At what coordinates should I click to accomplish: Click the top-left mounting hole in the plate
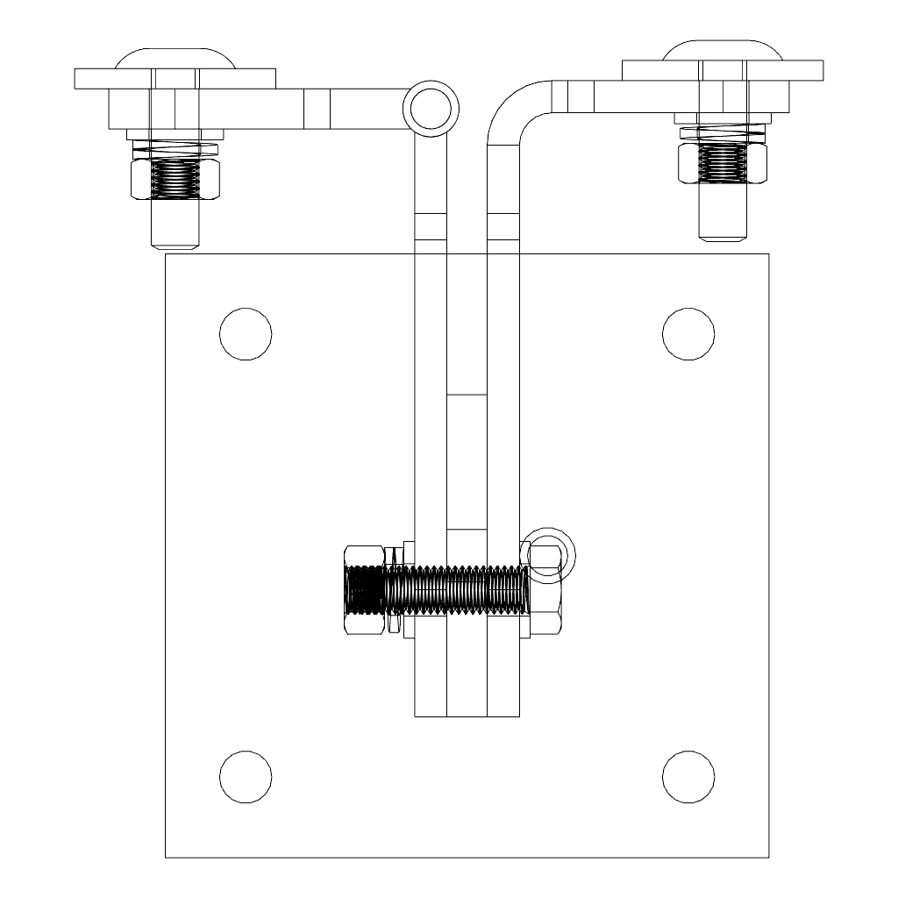click(x=246, y=334)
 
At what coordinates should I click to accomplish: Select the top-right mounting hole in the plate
click(x=688, y=334)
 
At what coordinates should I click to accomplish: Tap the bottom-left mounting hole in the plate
click(x=246, y=777)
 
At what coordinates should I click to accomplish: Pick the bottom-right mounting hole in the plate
click(x=688, y=777)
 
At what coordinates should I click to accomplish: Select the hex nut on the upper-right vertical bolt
click(x=723, y=163)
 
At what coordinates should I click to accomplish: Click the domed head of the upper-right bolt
click(x=723, y=49)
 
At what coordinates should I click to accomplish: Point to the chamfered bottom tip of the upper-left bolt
click(x=175, y=241)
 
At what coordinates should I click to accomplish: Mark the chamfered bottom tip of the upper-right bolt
click(x=723, y=233)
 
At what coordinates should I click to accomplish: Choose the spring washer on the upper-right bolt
click(x=723, y=134)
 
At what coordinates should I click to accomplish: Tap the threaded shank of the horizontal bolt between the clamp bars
click(x=467, y=588)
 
